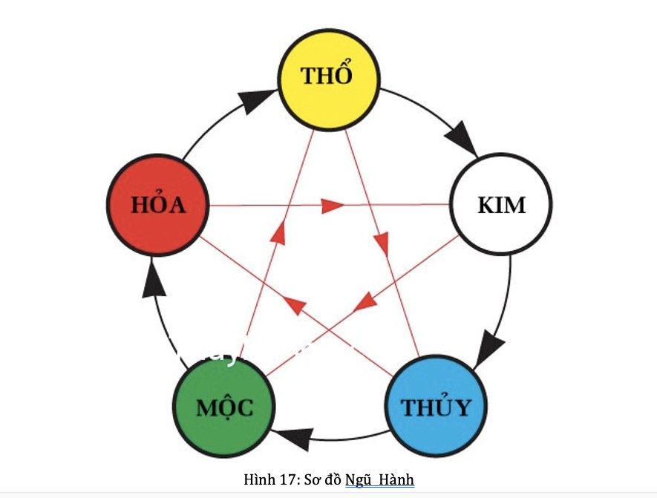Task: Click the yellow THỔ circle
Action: pyautogui.click(x=328, y=77)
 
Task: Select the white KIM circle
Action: pyautogui.click(x=501, y=204)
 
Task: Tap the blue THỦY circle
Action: pyautogui.click(x=436, y=406)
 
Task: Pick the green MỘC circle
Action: pyautogui.click(x=224, y=406)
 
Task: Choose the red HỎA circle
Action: pyautogui.click(x=157, y=205)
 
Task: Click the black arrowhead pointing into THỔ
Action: pyautogui.click(x=254, y=101)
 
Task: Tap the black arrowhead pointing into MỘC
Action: pyautogui.click(x=292, y=439)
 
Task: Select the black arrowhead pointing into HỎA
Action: pyautogui.click(x=153, y=279)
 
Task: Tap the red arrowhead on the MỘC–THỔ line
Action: pyautogui.click(x=278, y=232)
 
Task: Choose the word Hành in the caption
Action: pyautogui.click(x=396, y=479)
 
